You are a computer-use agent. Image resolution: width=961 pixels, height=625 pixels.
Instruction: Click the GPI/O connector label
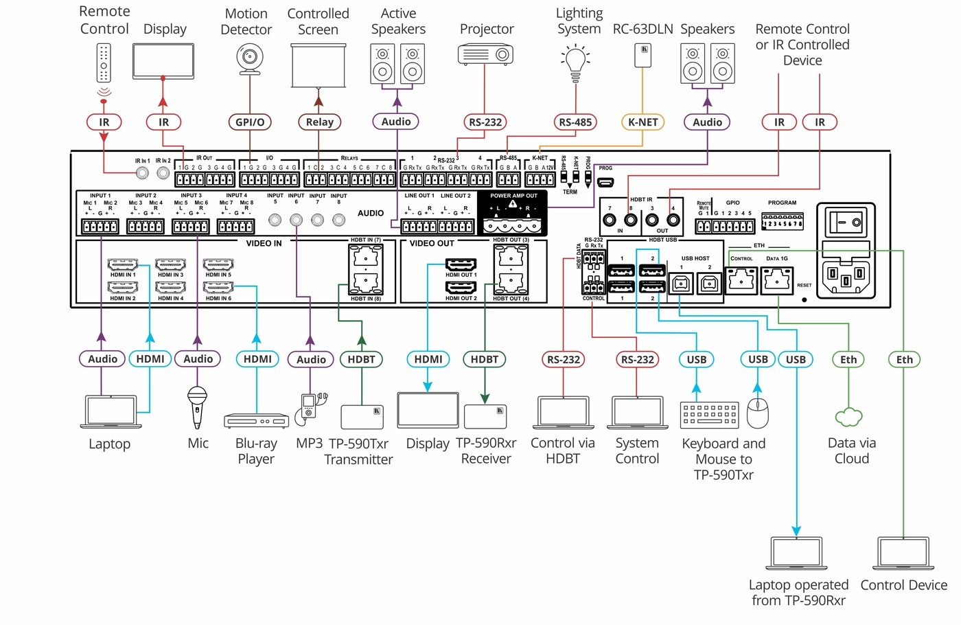click(249, 122)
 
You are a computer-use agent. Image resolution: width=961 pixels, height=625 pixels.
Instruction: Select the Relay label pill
click(319, 122)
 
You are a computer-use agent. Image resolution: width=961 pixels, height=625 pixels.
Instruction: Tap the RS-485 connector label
click(575, 122)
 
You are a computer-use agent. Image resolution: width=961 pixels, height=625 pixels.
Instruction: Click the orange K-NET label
click(642, 122)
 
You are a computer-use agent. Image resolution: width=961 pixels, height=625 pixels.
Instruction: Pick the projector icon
click(485, 54)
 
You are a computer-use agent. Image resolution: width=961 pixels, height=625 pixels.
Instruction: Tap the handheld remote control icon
click(104, 62)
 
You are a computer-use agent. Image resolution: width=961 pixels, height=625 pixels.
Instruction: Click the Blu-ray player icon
click(256, 420)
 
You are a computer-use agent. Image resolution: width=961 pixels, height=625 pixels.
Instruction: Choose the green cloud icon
click(849, 416)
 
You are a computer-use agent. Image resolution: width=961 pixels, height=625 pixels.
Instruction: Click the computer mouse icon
click(758, 413)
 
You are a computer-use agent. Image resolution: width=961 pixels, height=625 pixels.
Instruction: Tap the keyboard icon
click(710, 415)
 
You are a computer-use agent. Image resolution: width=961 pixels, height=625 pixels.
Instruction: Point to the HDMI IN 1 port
click(123, 265)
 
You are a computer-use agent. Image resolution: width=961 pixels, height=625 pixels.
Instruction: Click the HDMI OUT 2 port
click(461, 288)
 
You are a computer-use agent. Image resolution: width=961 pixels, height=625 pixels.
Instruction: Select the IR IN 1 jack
click(142, 173)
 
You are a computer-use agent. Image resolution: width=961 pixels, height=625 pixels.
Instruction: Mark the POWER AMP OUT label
click(513, 196)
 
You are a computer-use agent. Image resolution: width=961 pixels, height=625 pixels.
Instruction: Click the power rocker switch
click(846, 221)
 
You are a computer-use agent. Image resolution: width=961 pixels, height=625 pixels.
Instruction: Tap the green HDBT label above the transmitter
click(361, 359)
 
